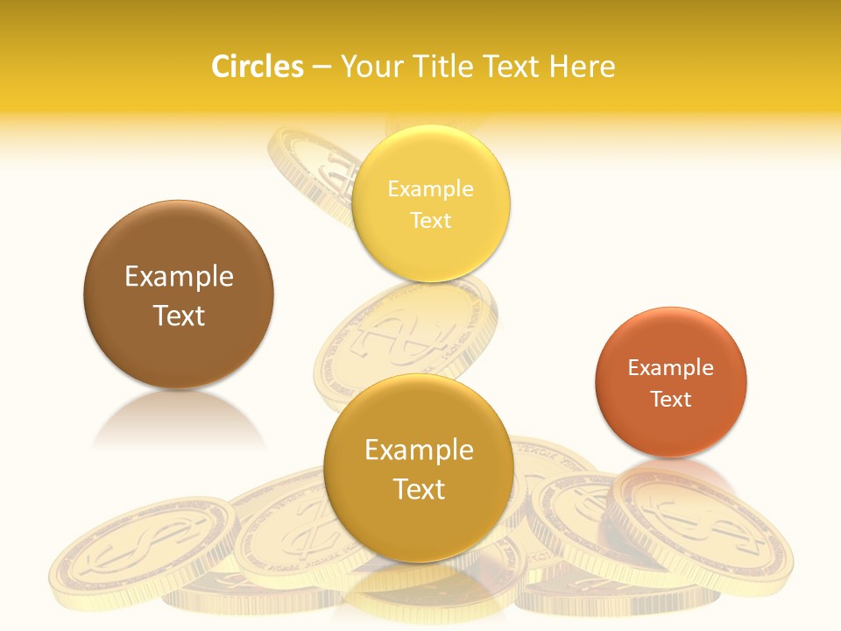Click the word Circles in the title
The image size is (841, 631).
click(257, 67)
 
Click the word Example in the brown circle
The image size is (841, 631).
click(179, 277)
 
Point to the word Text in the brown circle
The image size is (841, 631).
click(179, 315)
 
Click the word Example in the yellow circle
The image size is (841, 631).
click(430, 188)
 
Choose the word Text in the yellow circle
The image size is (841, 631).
click(430, 220)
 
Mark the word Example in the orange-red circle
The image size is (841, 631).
click(671, 367)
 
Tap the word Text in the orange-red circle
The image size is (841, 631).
click(671, 399)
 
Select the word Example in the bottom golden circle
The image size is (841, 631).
click(419, 450)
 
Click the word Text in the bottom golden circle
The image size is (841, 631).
click(419, 489)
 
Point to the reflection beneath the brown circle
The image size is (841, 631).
click(178, 421)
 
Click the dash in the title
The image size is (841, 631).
click(322, 67)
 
